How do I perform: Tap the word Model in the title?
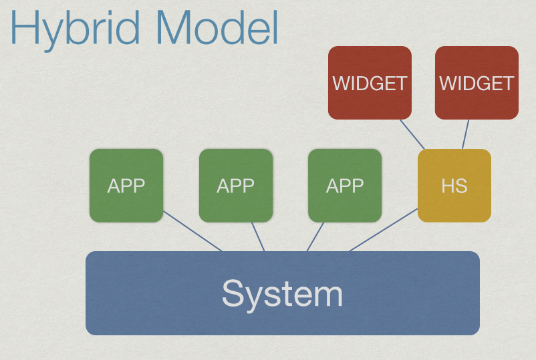click(x=217, y=27)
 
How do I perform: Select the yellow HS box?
click(x=454, y=186)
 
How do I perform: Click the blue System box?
click(x=283, y=293)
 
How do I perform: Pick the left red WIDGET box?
click(x=370, y=83)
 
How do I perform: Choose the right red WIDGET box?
click(x=477, y=83)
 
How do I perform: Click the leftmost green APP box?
click(x=126, y=186)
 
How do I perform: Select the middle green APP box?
click(x=236, y=186)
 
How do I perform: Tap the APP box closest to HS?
click(x=345, y=186)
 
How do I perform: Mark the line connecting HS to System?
click(x=384, y=230)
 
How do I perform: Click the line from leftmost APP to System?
click(x=192, y=231)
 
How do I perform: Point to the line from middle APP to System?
click(x=258, y=236)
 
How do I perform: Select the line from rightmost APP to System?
click(x=315, y=236)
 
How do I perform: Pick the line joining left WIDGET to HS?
click(x=412, y=134)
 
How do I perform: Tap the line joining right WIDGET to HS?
click(x=466, y=134)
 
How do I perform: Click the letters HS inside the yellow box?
click(x=454, y=186)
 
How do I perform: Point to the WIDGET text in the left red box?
click(x=370, y=83)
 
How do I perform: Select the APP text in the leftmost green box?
click(x=126, y=186)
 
